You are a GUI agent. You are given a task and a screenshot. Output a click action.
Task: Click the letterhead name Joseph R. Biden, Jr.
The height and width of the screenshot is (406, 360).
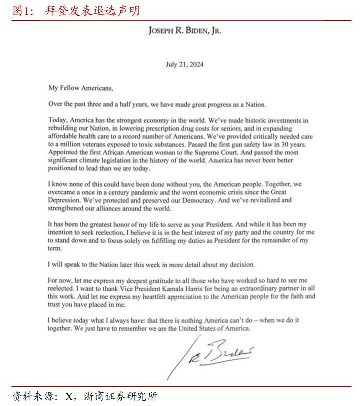184,31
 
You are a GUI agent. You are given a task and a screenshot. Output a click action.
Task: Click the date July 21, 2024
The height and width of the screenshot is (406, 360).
184,65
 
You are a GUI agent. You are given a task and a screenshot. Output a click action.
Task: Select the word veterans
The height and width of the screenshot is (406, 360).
90,145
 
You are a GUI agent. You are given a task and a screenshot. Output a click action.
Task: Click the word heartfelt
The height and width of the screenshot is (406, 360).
152,296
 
